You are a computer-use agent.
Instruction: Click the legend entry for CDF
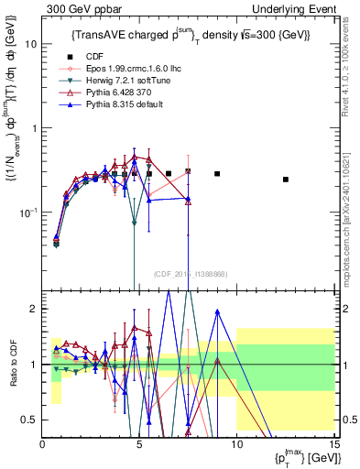pos(93,56)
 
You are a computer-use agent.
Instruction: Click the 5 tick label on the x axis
pos(139,443)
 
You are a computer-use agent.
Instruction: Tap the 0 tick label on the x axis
pos(43,443)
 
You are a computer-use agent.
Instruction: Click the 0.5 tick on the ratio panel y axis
pos(31,420)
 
